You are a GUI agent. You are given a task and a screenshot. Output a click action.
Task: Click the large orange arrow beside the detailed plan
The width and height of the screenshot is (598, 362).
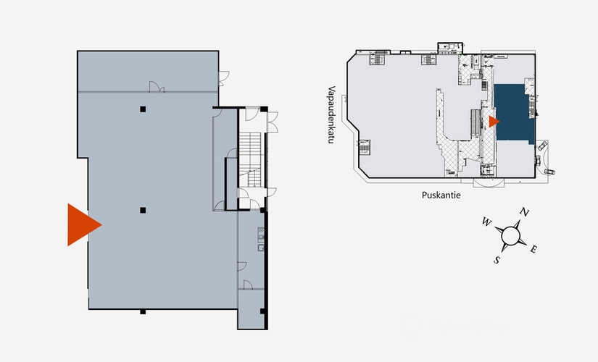coord(82,225)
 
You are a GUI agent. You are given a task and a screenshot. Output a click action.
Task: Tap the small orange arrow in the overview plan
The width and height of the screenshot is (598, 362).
coord(494,122)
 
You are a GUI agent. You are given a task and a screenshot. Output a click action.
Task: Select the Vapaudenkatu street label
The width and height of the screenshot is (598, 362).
coord(331,114)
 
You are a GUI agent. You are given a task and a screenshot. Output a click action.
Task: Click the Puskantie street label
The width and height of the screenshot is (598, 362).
coord(441,195)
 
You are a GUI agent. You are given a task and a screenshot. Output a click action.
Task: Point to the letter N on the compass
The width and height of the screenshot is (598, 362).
coord(525,212)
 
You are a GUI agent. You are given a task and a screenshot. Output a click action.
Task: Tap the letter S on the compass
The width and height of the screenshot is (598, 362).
coord(497,260)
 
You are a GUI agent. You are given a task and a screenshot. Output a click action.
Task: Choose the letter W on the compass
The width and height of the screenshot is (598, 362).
coord(486,222)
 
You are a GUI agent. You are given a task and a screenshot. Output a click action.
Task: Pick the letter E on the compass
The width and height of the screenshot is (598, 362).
coord(533,249)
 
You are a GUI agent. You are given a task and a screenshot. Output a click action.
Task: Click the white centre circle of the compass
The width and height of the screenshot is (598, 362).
coord(510,235)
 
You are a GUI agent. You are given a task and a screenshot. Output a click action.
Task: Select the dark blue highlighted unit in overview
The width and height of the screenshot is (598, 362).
coord(513,113)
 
